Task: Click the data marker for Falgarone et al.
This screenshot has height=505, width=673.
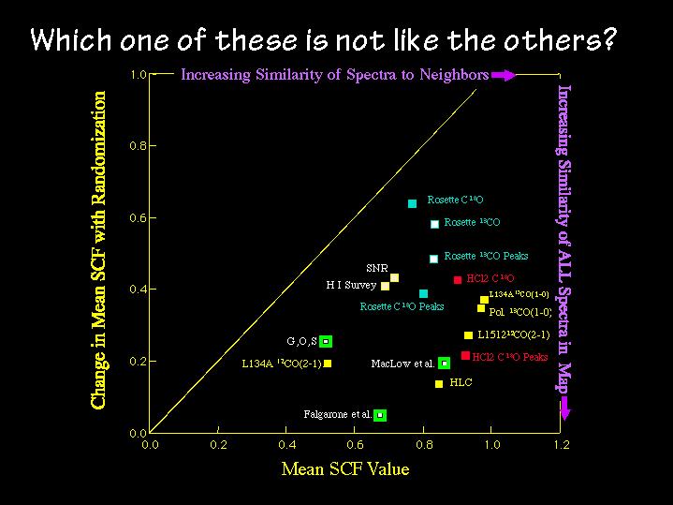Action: click(380, 415)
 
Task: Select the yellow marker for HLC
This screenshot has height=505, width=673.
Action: click(439, 384)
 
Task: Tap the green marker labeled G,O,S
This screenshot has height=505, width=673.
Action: click(326, 341)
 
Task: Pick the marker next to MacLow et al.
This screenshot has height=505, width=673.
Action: click(444, 363)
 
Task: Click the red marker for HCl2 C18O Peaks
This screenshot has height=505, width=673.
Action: click(465, 356)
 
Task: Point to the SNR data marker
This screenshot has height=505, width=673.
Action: click(395, 277)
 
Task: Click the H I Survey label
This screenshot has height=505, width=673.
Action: click(351, 285)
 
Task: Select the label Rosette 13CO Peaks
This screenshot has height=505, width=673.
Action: click(486, 256)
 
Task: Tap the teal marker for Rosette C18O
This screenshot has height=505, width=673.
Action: click(413, 203)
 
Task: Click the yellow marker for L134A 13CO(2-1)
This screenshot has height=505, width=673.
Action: click(329, 363)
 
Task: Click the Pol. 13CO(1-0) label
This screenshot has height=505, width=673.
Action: click(520, 312)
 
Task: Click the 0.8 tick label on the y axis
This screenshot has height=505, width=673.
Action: click(137, 146)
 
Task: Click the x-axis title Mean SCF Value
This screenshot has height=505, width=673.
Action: click(345, 469)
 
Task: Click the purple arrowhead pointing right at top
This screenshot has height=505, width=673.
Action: click(505, 75)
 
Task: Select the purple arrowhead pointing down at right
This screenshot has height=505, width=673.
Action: click(565, 406)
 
